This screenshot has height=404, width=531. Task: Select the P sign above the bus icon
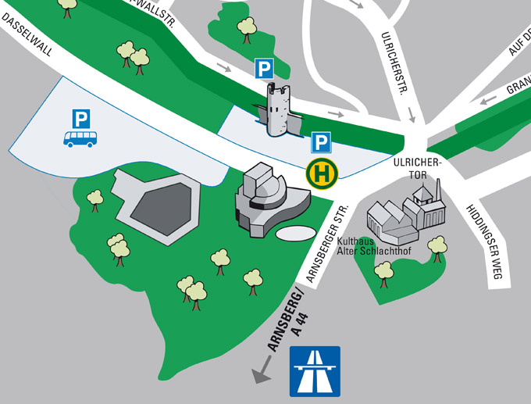click(80, 118)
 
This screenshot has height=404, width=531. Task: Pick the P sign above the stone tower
click(265, 69)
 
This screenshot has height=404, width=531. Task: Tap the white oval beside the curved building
click(293, 233)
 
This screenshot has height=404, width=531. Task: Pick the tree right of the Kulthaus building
click(437, 247)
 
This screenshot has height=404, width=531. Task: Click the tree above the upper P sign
click(248, 28)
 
